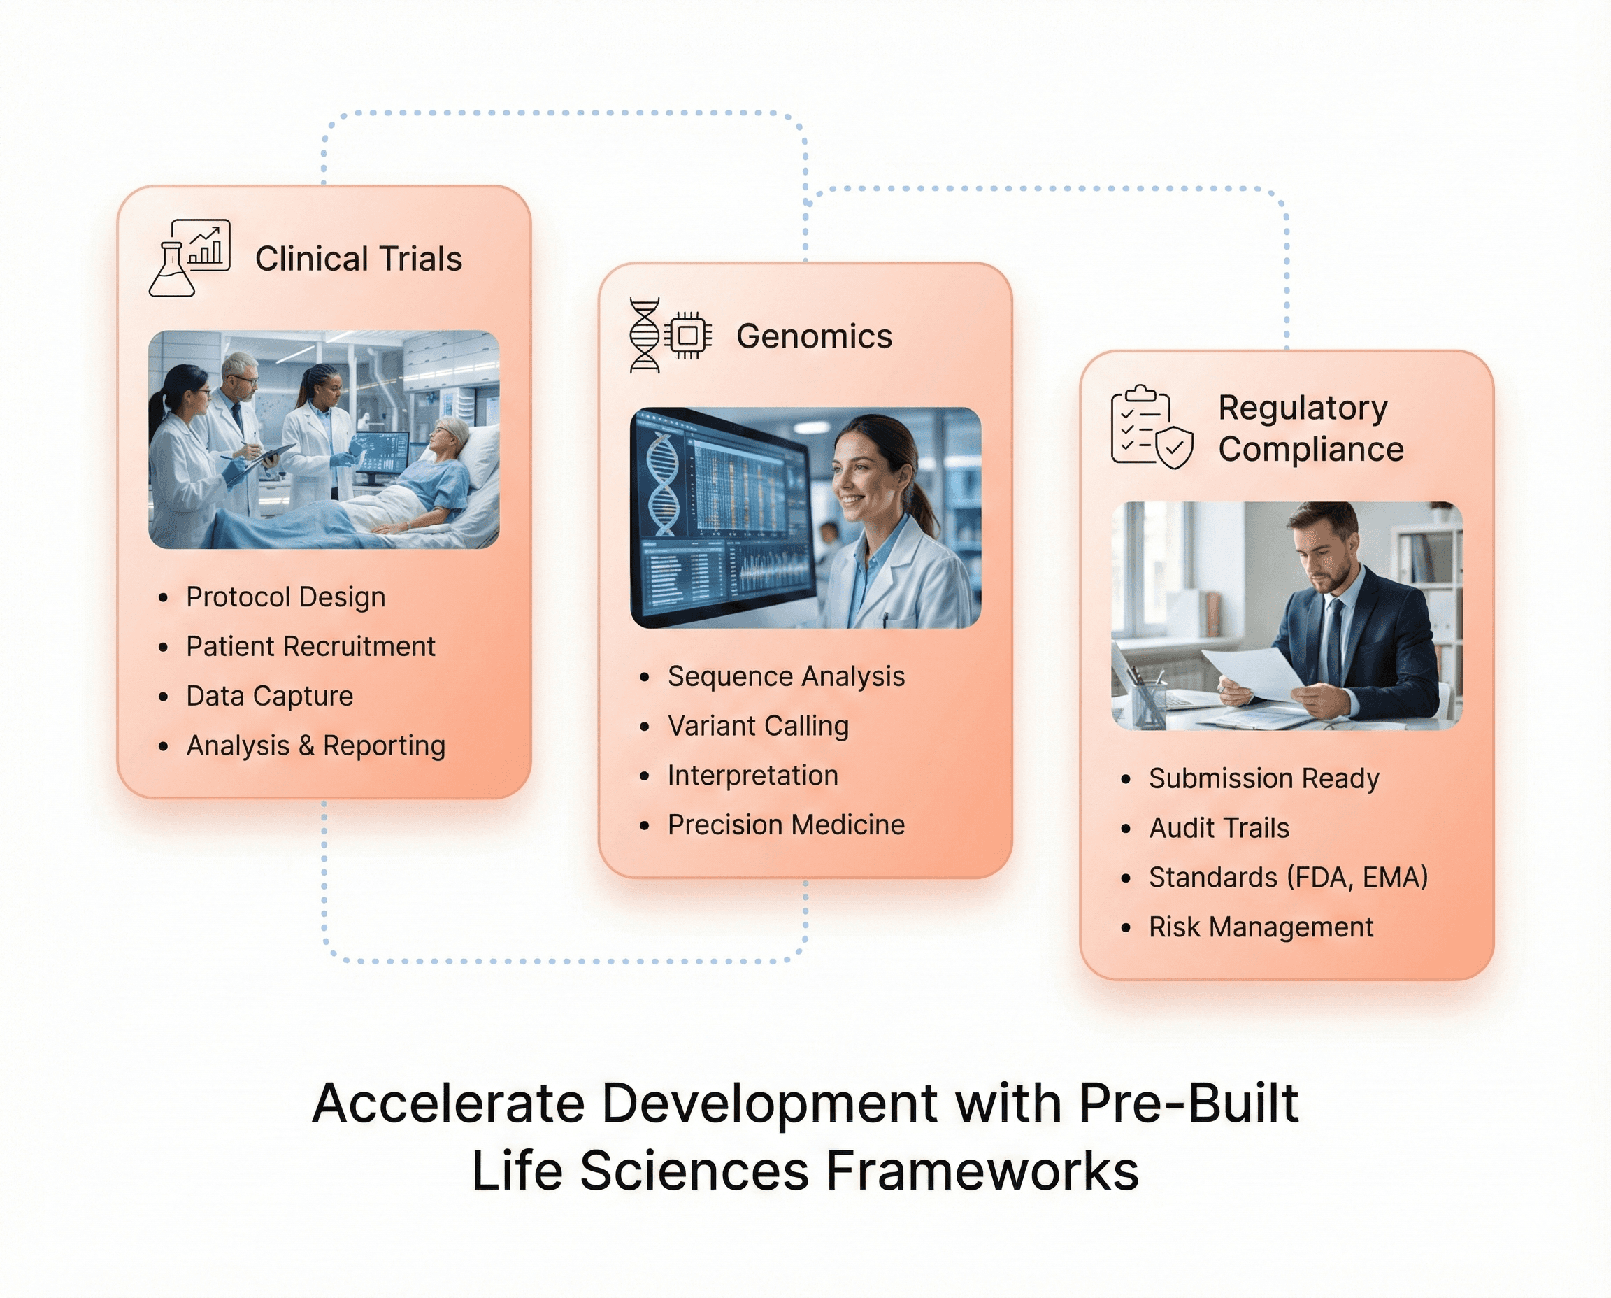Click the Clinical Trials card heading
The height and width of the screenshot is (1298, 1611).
click(x=358, y=259)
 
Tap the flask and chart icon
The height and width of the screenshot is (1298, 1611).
click(x=189, y=258)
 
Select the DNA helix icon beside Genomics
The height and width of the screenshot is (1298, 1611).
click(x=645, y=335)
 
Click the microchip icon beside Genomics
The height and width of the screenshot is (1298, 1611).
click(x=688, y=335)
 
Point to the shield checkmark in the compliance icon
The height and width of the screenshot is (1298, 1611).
click(x=1175, y=447)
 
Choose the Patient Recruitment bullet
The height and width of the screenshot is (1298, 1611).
click(x=310, y=646)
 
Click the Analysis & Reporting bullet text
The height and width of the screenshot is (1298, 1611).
click(x=315, y=746)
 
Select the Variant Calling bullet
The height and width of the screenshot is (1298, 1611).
click(x=757, y=725)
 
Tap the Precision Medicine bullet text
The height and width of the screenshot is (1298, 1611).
click(x=786, y=825)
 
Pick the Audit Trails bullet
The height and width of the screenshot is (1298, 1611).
click(x=1219, y=828)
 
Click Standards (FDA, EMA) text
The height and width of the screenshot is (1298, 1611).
click(x=1288, y=877)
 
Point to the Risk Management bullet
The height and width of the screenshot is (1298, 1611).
click(x=1261, y=927)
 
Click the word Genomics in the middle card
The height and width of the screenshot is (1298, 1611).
click(x=813, y=336)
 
